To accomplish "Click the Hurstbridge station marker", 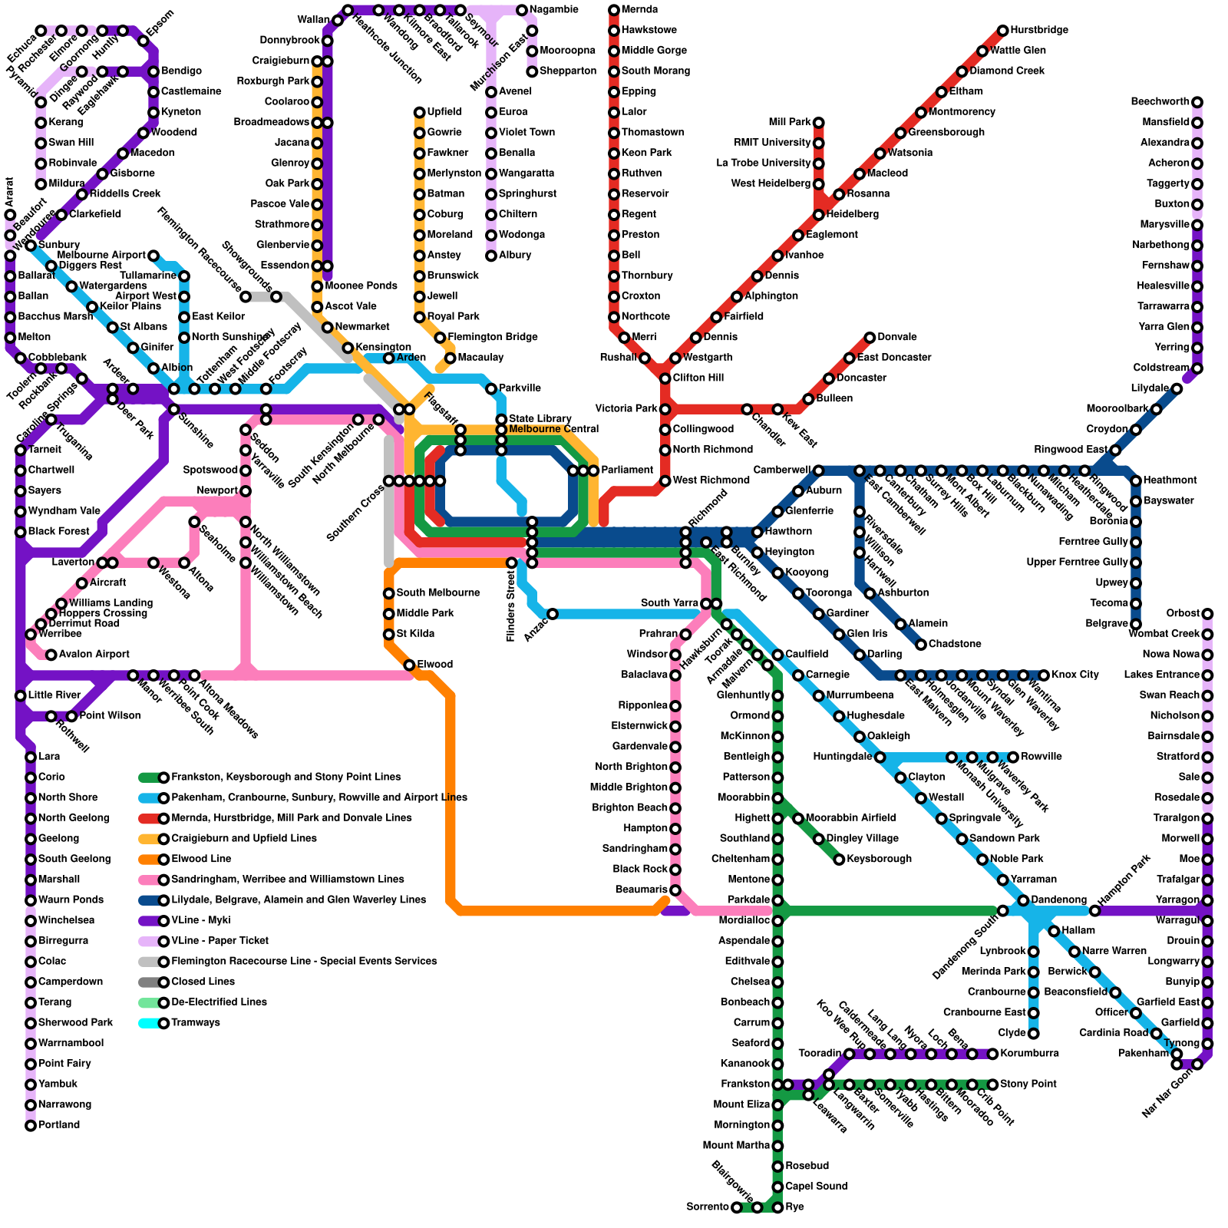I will (x=1002, y=31).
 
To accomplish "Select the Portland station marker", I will (x=31, y=1126).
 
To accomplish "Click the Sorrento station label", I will (x=708, y=1207).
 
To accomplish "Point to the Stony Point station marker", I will (x=992, y=1084).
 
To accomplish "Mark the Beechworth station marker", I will (x=1197, y=102).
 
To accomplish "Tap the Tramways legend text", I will (x=196, y=1023).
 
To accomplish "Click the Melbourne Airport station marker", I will (x=153, y=256).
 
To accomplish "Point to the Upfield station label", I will (x=444, y=112).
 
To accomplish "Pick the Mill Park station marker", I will (x=819, y=123).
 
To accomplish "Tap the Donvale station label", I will (x=897, y=338).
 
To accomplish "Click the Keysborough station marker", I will (x=839, y=860).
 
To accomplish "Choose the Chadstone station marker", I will (x=921, y=645).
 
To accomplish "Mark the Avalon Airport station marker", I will (x=51, y=655).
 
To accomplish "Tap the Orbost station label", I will (x=1182, y=614).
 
